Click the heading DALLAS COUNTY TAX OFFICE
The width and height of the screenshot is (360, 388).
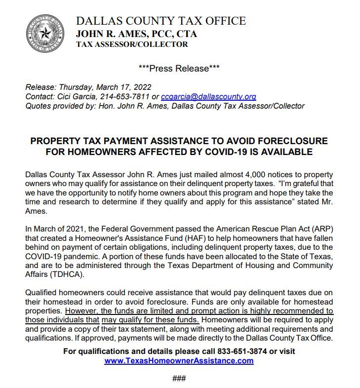pos(160,21)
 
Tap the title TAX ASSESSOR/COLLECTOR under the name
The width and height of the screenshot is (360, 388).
pos(132,44)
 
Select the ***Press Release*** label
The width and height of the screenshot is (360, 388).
pos(179,68)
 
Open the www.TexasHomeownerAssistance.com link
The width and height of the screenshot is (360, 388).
pos(179,360)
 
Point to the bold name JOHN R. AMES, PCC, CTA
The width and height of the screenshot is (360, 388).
pos(136,34)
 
